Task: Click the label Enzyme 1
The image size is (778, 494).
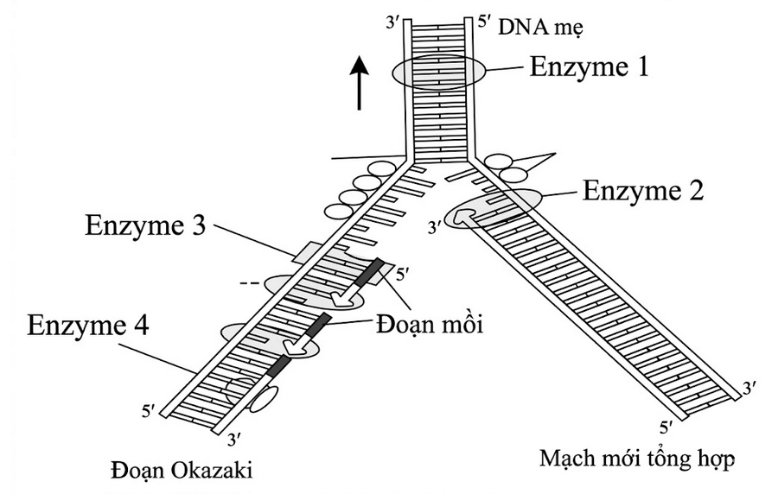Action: [589, 66]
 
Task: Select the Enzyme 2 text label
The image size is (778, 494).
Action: [643, 190]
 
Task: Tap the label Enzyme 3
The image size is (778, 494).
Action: [145, 225]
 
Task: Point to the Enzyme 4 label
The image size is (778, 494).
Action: [88, 326]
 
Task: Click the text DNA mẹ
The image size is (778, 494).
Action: [540, 28]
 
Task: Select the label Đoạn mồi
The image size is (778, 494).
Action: [429, 325]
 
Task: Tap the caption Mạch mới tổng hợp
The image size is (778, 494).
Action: [636, 459]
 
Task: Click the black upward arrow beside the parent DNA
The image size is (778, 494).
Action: [359, 82]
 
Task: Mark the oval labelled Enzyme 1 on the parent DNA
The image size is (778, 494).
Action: [438, 73]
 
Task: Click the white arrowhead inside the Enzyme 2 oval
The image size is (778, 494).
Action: [464, 216]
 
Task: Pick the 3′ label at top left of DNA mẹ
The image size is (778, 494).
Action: [393, 23]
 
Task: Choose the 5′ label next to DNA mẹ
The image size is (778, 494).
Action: [484, 22]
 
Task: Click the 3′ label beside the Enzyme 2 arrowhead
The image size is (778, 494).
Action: [435, 227]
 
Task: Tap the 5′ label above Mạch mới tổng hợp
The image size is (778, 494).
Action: [666, 427]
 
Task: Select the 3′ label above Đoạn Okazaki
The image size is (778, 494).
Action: [234, 440]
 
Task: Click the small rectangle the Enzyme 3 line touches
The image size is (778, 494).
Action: [307, 252]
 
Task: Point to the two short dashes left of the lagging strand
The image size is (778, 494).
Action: [249, 284]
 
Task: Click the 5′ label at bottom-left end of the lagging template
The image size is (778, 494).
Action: [149, 411]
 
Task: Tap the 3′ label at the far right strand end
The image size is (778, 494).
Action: [750, 388]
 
